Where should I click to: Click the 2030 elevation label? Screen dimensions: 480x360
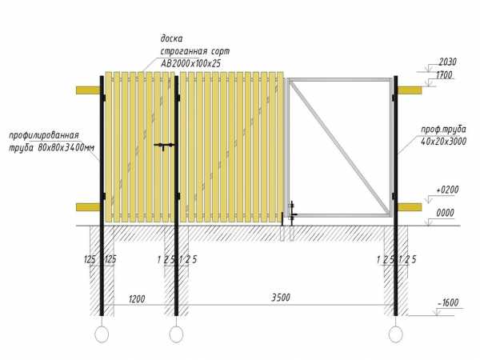coord(447,62)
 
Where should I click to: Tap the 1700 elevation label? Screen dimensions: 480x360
coord(444,75)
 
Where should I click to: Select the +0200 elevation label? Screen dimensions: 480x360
coord(447,190)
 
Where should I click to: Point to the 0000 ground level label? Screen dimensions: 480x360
coord(445,213)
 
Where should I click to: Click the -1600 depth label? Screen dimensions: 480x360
coord(448,302)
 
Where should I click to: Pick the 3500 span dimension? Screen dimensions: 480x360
coord(281,298)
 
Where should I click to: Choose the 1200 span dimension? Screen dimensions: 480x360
coord(137,298)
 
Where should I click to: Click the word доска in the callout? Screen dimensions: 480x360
coord(171,39)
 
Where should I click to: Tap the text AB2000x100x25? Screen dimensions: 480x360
coord(190,63)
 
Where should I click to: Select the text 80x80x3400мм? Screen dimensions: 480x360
coord(66,147)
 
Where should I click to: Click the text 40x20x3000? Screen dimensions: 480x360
coord(443,142)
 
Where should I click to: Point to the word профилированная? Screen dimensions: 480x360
coord(44,135)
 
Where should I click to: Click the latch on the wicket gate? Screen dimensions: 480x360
coord(164,146)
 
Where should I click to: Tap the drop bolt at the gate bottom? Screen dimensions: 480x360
coord(292,214)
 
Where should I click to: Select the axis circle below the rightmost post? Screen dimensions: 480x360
coord(395,334)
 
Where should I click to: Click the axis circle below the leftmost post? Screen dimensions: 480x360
coord(102,334)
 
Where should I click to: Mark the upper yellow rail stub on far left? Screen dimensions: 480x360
coord(88,90)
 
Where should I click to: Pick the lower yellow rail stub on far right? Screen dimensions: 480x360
coord(410,207)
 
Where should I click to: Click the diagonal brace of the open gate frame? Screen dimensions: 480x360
coord(340,147)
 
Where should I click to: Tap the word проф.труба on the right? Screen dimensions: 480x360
coord(443,130)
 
